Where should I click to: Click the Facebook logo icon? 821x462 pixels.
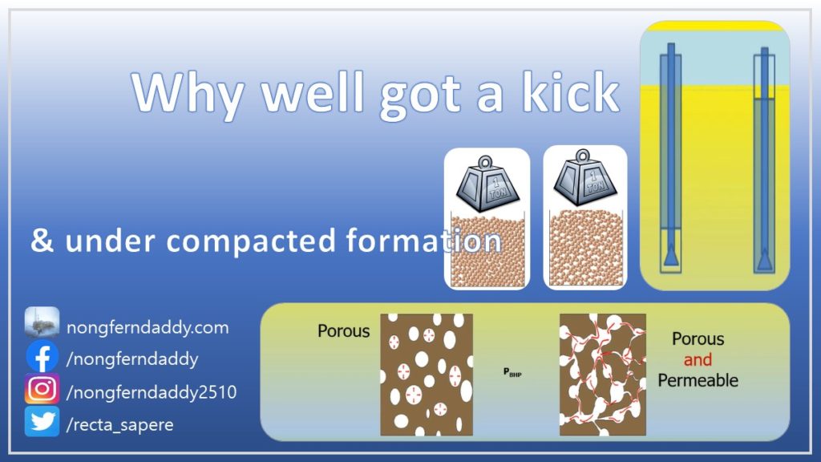pyautogui.click(x=42, y=357)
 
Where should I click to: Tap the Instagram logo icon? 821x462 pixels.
pyautogui.click(x=42, y=389)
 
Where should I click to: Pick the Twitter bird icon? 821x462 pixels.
pyautogui.click(x=42, y=422)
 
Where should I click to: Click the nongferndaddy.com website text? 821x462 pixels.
pyautogui.click(x=148, y=328)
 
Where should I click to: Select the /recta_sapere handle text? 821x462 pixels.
pyautogui.click(x=120, y=425)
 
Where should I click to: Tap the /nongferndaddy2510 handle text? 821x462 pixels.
pyautogui.click(x=152, y=392)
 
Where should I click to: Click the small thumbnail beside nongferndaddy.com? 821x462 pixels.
pyautogui.click(x=42, y=322)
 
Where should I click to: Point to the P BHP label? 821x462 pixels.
pyautogui.click(x=512, y=372)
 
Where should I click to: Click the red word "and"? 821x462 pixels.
pyautogui.click(x=698, y=360)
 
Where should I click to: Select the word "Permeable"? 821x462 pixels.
pyautogui.click(x=698, y=380)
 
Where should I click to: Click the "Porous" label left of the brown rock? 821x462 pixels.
pyautogui.click(x=343, y=331)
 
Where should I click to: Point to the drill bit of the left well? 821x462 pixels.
pyautogui.click(x=671, y=256)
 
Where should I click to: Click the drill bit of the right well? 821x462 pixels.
pyautogui.click(x=764, y=259)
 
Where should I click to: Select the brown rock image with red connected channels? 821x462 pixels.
pyautogui.click(x=603, y=375)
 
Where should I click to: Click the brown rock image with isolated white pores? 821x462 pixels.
pyautogui.click(x=427, y=375)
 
